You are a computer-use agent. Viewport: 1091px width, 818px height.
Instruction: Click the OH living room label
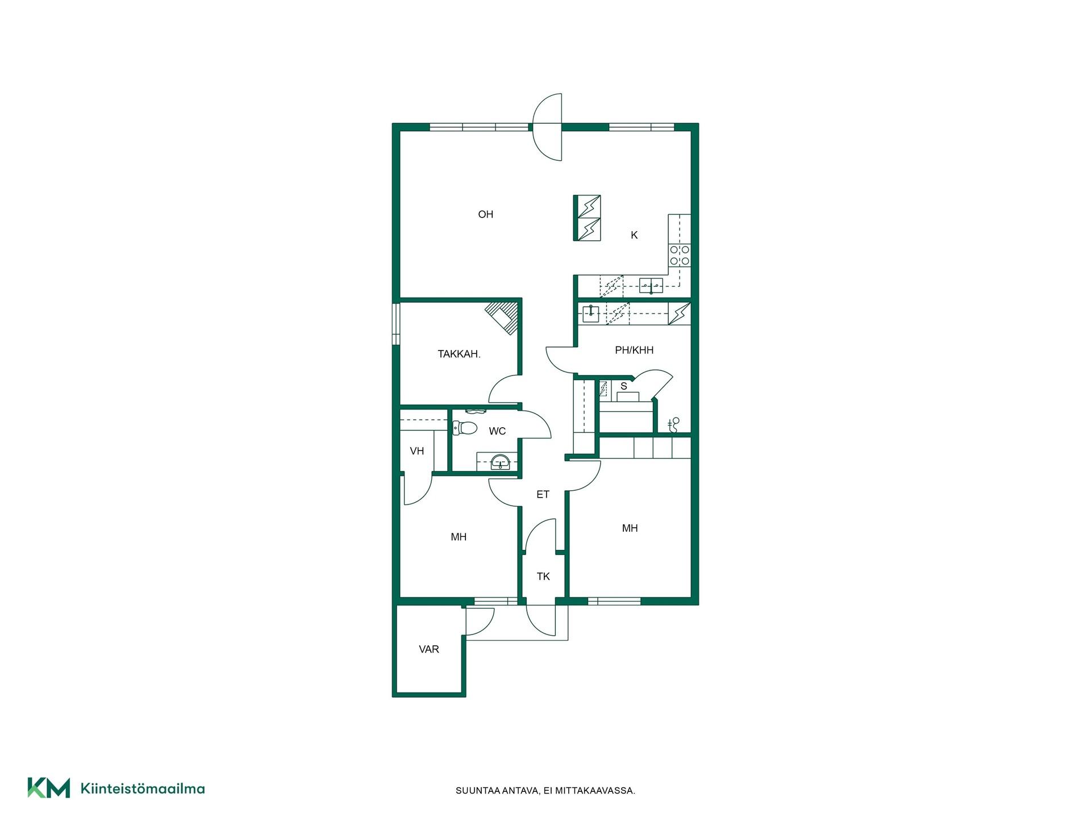485,214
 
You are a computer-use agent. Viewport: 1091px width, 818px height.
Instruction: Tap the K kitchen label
634,235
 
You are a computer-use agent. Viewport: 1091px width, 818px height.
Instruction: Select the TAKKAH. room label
459,354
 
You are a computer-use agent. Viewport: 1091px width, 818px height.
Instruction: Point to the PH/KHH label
634,350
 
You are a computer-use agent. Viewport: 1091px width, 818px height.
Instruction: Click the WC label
497,431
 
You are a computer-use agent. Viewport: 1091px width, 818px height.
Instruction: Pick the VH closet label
417,451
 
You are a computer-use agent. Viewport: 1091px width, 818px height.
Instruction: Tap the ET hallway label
543,494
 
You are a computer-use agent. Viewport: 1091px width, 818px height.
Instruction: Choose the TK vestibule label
543,577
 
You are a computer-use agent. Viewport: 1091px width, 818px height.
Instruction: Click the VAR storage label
429,649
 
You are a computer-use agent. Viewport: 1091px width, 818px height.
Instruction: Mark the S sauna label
624,386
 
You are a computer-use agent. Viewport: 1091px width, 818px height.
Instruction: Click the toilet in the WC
465,428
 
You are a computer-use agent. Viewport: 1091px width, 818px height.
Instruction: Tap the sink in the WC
500,461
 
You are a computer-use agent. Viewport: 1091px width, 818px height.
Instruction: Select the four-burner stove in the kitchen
680,255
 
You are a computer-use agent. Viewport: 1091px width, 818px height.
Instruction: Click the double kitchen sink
651,285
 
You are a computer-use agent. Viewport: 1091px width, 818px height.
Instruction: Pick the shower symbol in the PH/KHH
674,424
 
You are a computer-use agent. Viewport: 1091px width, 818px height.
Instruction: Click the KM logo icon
49,788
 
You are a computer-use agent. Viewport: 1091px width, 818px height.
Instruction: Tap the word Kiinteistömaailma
143,788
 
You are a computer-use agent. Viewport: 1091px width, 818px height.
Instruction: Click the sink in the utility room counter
591,314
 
